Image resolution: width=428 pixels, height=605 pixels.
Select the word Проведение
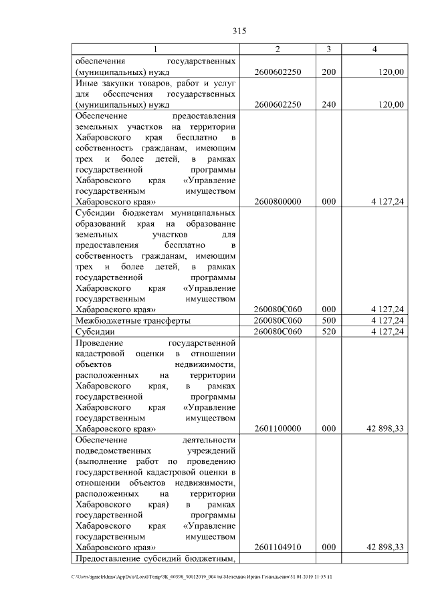[100, 342]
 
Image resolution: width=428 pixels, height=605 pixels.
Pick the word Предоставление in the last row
[109, 558]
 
